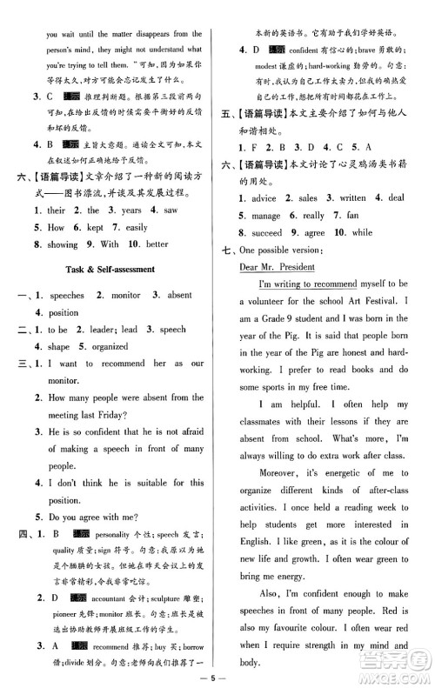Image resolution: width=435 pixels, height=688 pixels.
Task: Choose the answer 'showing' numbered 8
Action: click(60, 244)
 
